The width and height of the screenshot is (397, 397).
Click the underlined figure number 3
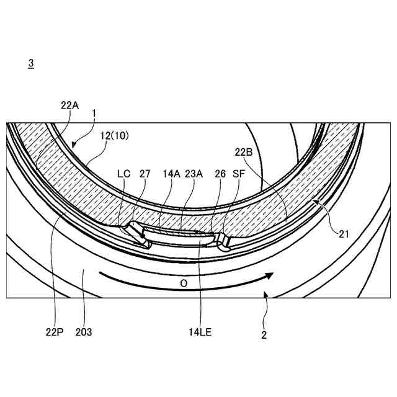point(31,63)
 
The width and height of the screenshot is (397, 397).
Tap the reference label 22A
point(69,105)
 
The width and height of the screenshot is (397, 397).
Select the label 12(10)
point(114,136)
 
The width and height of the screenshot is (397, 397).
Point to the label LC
point(124,174)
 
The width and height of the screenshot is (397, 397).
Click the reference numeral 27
point(145,174)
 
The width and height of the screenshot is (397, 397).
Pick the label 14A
point(171,174)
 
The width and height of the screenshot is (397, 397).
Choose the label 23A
point(194,174)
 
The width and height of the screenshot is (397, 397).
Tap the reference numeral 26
point(220,174)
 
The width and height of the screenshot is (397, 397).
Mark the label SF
point(239,174)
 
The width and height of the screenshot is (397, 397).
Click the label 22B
point(244,152)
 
